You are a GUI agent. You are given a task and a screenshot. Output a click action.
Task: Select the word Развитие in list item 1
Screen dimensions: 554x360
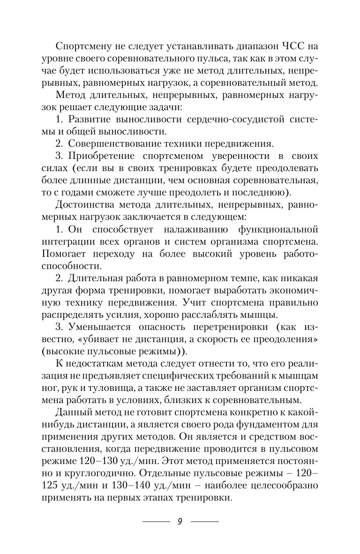click(97, 119)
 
